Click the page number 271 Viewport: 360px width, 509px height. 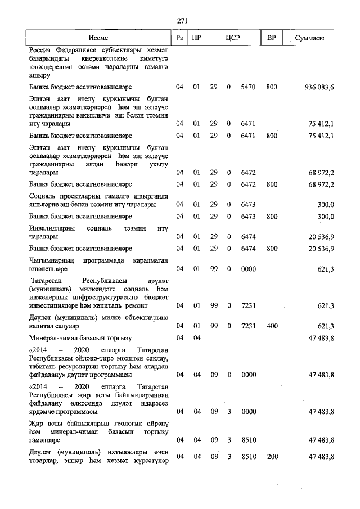tap(182, 21)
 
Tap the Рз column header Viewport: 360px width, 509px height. tap(179, 38)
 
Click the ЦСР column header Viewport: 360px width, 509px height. tap(232, 38)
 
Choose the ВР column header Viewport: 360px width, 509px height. tap(272, 38)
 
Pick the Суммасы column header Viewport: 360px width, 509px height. tap(309, 38)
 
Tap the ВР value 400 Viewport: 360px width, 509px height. tap(272, 326)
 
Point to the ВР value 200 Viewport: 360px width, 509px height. tap(272, 457)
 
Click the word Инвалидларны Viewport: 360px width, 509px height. tap(53, 228)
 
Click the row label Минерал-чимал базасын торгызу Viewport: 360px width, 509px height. tap(80, 338)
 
